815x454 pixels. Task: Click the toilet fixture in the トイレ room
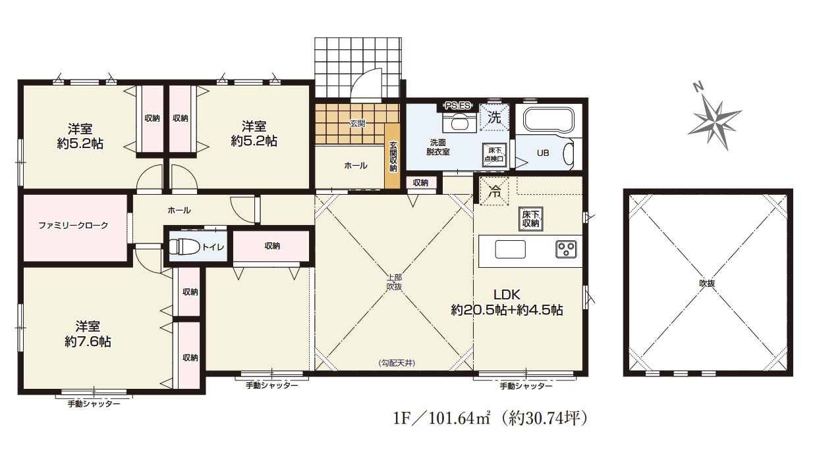tap(184, 247)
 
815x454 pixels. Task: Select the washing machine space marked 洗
tap(494, 117)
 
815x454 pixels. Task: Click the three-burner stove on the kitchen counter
tap(566, 250)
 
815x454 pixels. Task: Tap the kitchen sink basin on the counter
tap(510, 249)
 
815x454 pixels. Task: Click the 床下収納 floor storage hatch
tap(530, 219)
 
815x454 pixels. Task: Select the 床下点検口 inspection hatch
tap(494, 155)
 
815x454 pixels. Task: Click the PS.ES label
tap(458, 106)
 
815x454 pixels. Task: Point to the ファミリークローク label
tap(73, 226)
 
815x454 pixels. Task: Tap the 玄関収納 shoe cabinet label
tap(393, 157)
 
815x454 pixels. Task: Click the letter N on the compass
tap(698, 87)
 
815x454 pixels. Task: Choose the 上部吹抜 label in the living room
tap(394, 282)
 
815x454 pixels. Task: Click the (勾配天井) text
tap(397, 363)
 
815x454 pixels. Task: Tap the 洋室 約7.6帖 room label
tap(88, 334)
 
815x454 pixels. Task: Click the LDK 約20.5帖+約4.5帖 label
tap(507, 303)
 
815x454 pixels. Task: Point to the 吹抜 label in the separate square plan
tap(707, 284)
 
